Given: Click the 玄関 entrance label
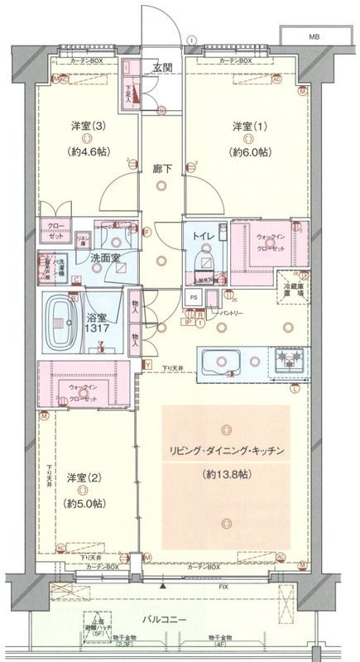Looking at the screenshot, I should click(x=162, y=69).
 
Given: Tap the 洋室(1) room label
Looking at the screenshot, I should click(x=249, y=126).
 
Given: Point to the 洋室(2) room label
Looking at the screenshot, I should click(x=83, y=477).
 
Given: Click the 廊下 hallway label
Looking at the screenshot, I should click(x=162, y=169).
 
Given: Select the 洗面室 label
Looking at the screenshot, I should click(x=105, y=258).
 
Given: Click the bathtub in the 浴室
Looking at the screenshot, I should click(x=65, y=317).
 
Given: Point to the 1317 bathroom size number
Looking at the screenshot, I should click(x=98, y=329).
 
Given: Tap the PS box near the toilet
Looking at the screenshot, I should click(x=194, y=300).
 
